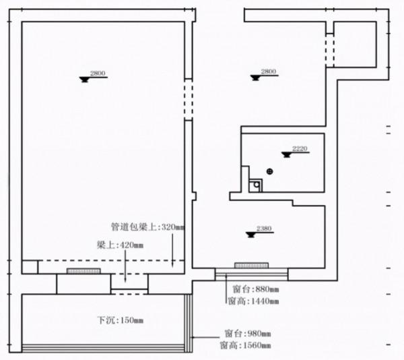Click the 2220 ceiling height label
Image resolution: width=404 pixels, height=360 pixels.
coord(300,148)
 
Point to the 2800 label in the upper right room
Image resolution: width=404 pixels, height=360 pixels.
coord(268,71)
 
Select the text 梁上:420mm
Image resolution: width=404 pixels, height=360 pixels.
coord(119,245)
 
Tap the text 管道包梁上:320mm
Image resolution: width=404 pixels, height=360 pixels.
coord(146,228)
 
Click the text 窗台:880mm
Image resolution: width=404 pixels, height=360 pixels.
coord(252,289)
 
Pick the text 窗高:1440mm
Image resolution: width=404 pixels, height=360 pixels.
coord(252,302)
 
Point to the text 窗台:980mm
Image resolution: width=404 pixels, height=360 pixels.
coord(246,334)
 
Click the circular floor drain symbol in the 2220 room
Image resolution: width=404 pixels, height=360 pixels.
coord(270,171)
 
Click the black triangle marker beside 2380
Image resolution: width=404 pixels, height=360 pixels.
coord(250,234)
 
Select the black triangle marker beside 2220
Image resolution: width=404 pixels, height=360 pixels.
coord(287,154)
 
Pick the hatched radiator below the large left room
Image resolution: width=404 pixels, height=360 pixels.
coord(84,271)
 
